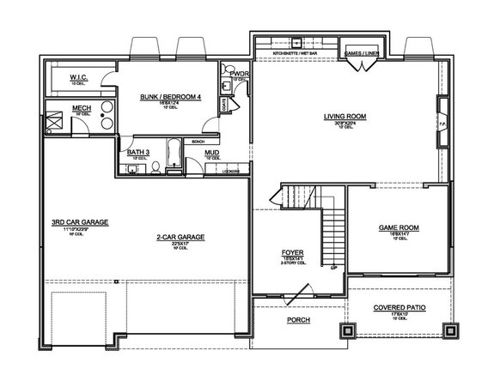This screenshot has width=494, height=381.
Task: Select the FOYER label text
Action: (x=294, y=253)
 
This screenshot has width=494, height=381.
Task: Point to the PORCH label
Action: (x=299, y=320)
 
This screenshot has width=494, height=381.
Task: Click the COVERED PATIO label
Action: (x=398, y=308)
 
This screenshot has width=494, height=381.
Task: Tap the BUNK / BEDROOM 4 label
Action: (x=170, y=97)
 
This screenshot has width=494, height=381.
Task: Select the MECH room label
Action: (x=82, y=108)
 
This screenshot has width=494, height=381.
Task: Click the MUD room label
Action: (x=211, y=152)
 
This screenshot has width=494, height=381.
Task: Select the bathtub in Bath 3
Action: (x=171, y=154)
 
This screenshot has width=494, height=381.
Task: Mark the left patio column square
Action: (x=348, y=330)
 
